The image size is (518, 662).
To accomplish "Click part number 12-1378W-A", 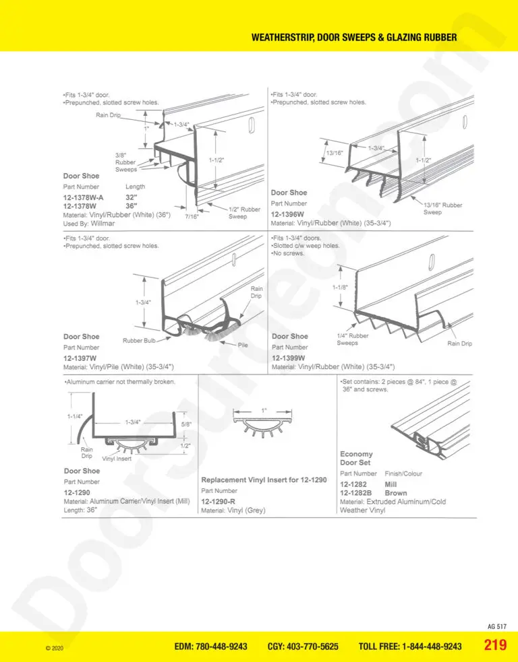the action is click(84, 197).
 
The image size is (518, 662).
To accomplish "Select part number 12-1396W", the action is click(287, 214).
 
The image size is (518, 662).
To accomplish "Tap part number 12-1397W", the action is click(80, 358).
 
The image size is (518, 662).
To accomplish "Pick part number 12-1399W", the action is click(289, 358).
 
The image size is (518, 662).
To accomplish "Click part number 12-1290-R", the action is click(219, 502).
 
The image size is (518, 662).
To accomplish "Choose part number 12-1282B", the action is click(355, 493).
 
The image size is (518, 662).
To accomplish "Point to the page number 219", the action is click(495, 645).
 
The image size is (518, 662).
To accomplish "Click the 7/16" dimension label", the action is click(192, 217).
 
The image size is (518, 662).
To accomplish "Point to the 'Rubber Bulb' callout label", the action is click(139, 341).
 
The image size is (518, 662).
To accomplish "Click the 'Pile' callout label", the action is click(243, 345).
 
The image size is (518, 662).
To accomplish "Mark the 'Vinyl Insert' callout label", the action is click(117, 459).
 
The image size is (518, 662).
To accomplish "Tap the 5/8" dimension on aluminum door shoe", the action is click(186, 424).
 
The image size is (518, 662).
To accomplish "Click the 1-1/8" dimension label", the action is click(340, 288).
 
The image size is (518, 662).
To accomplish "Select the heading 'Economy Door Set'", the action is click(357, 458).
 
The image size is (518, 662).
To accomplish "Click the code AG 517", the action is click(497, 626).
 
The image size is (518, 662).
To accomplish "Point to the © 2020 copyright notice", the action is click(54, 648).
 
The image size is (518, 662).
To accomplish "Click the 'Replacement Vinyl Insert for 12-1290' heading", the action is click(264, 480).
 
